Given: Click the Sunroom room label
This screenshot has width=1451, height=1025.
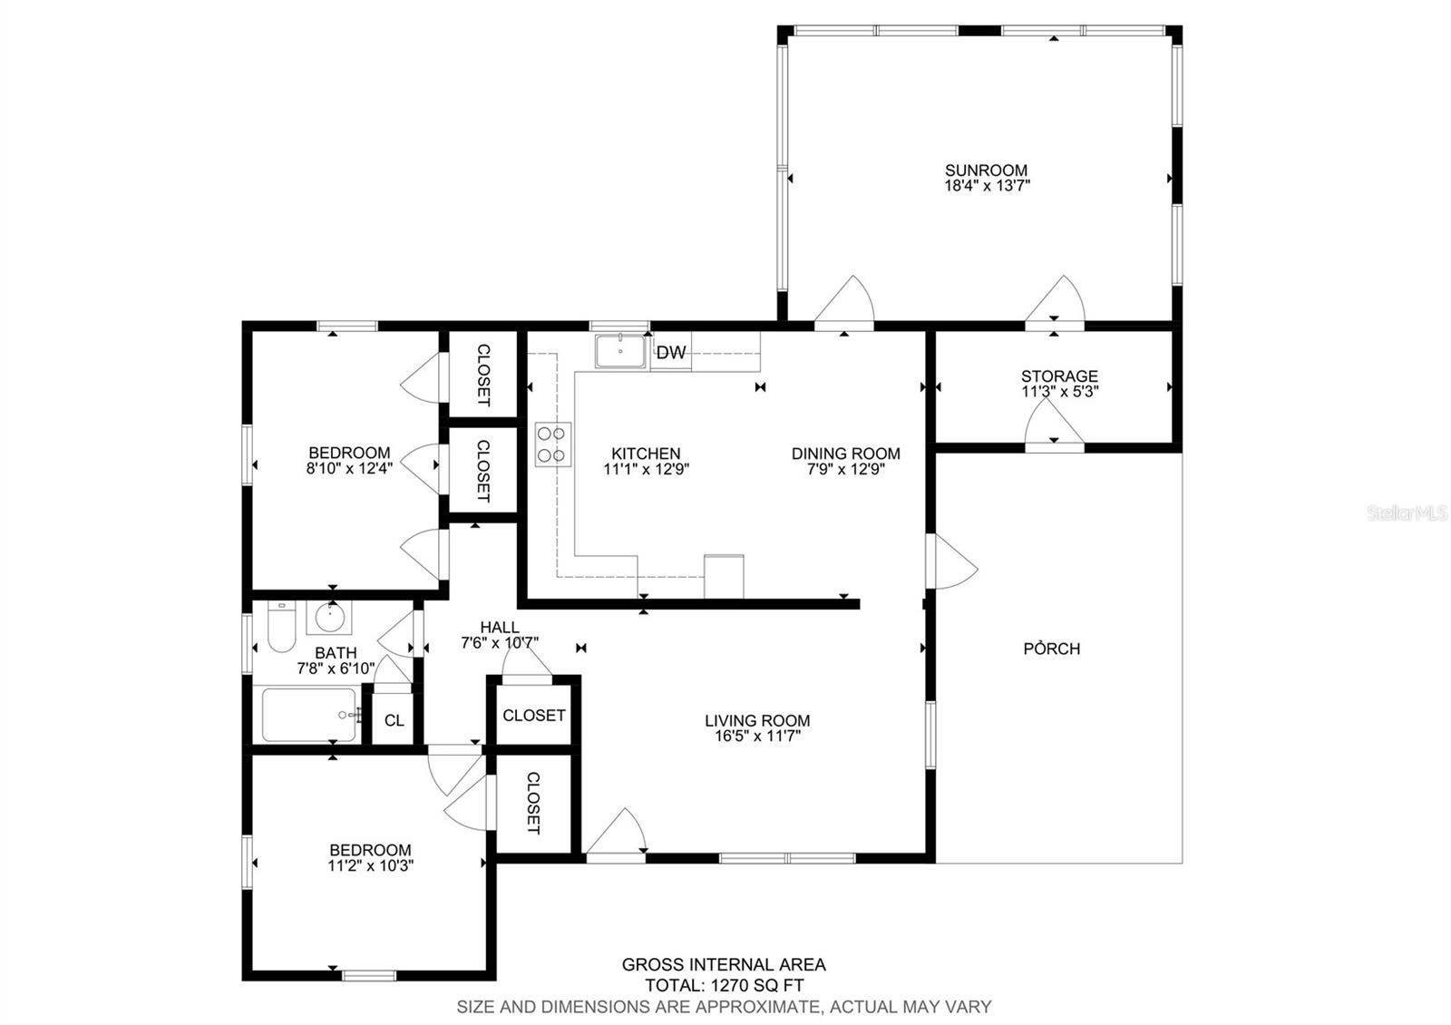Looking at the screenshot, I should coord(986,170).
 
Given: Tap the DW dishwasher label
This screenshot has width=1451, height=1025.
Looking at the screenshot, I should coord(671,353).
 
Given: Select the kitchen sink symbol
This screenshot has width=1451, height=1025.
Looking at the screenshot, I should coord(620,351).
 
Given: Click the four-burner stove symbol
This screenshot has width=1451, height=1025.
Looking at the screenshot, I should coord(551,444).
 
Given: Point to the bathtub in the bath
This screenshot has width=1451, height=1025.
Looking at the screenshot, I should coord(309,715).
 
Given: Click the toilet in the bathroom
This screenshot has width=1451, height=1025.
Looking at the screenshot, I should coord(279,628).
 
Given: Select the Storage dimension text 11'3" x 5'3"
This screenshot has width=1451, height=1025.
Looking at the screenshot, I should coord(1059,392).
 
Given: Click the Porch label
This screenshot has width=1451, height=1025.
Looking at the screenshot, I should coord(1051,649).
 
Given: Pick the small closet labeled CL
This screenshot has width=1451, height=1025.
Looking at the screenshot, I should coord(394,720).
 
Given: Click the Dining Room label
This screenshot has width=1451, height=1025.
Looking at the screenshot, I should coord(845,454).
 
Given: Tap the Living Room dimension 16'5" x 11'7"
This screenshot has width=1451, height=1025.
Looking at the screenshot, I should coord(757,737).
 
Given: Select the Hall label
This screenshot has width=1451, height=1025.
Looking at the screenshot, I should coord(500,627).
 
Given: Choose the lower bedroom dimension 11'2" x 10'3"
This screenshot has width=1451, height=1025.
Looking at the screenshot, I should coord(370,865).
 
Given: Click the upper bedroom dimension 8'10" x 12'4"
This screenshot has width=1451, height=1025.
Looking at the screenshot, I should coord(349,469).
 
